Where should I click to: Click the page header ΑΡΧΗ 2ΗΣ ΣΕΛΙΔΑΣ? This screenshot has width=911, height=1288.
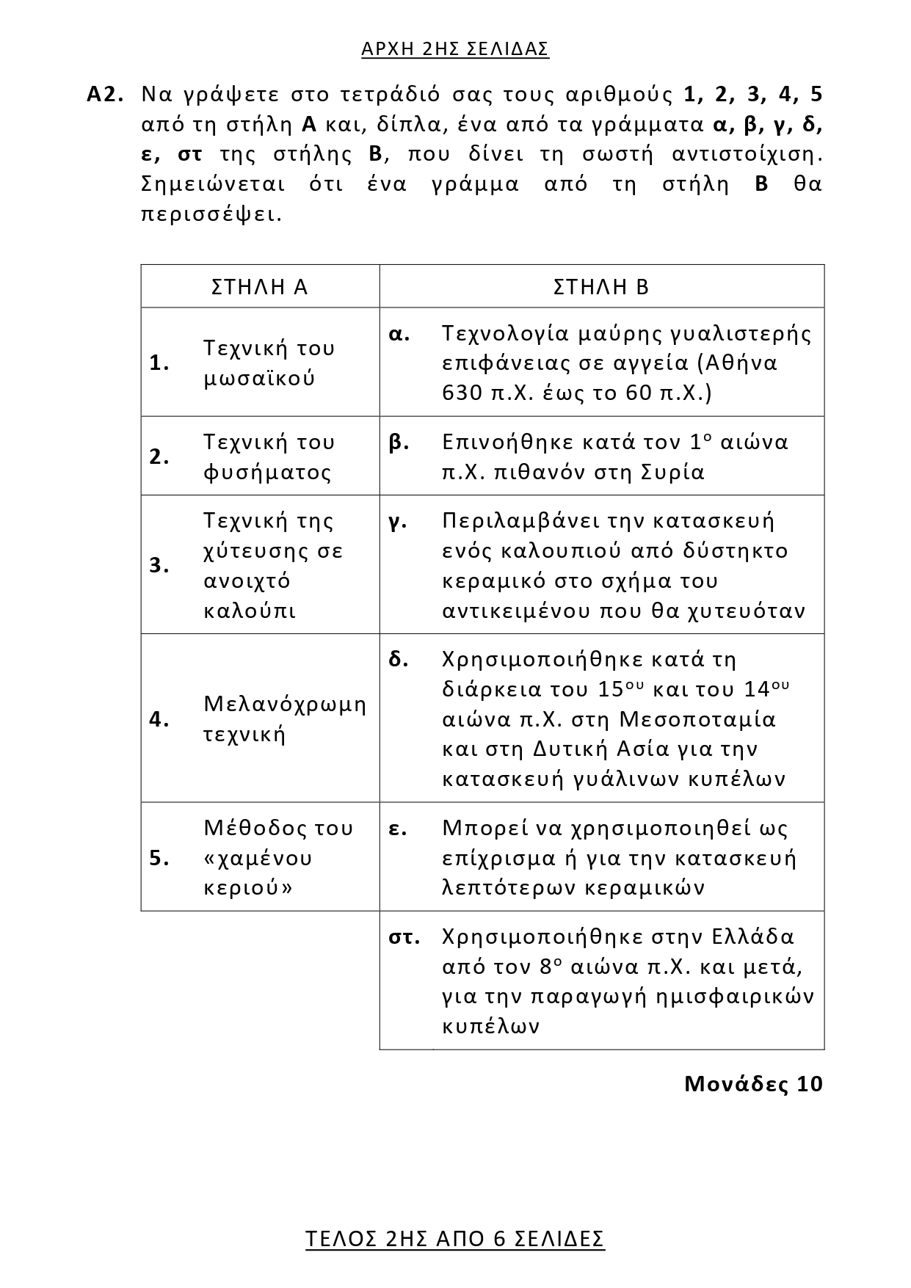[x=455, y=49]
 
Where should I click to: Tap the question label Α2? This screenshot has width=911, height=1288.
[x=104, y=95]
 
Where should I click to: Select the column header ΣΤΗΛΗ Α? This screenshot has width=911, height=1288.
[x=259, y=287]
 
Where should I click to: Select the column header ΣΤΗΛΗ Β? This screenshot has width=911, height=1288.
[x=601, y=287]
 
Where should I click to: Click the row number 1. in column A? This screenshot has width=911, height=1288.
[x=159, y=363]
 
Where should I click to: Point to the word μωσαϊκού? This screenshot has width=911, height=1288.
[x=259, y=379]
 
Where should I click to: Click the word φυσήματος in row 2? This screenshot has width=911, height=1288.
[x=267, y=472]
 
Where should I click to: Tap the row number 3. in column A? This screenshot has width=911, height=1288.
[x=159, y=565]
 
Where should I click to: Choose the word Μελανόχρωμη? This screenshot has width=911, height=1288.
[x=285, y=705]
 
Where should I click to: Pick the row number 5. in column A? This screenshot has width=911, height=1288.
[x=159, y=857]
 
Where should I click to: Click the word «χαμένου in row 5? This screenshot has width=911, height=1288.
[x=258, y=858]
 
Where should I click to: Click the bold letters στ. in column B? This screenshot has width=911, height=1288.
[x=404, y=937]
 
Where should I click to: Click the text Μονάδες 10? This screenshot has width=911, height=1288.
[x=753, y=1084]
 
